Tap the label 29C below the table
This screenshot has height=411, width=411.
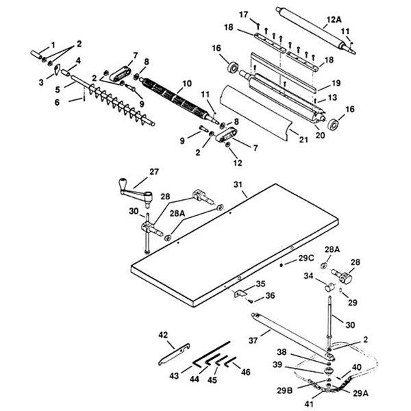coord(306,258)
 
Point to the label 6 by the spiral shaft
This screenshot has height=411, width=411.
coord(58,101)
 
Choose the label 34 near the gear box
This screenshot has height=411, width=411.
coord(308,276)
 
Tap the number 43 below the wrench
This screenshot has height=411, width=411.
coord(175,375)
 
